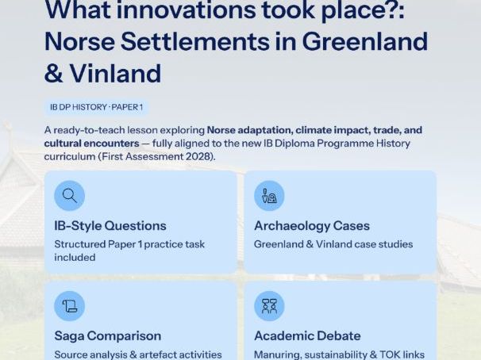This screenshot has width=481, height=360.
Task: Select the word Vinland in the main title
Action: click(x=116, y=73)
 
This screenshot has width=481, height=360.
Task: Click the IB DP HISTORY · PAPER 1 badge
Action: click(x=96, y=107)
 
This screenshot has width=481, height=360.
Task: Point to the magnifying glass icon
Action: click(x=70, y=195)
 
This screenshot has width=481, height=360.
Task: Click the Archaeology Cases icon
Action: click(x=269, y=195)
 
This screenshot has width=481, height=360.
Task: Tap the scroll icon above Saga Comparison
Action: click(x=70, y=306)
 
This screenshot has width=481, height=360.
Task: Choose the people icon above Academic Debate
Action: click(x=269, y=306)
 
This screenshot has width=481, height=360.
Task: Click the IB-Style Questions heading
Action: click(x=110, y=226)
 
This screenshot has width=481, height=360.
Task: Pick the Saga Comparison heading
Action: click(x=108, y=336)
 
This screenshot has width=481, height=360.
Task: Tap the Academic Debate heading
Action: click(x=307, y=336)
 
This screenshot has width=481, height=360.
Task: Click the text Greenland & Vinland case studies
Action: click(x=333, y=244)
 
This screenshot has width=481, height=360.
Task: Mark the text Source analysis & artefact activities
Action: click(x=137, y=354)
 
